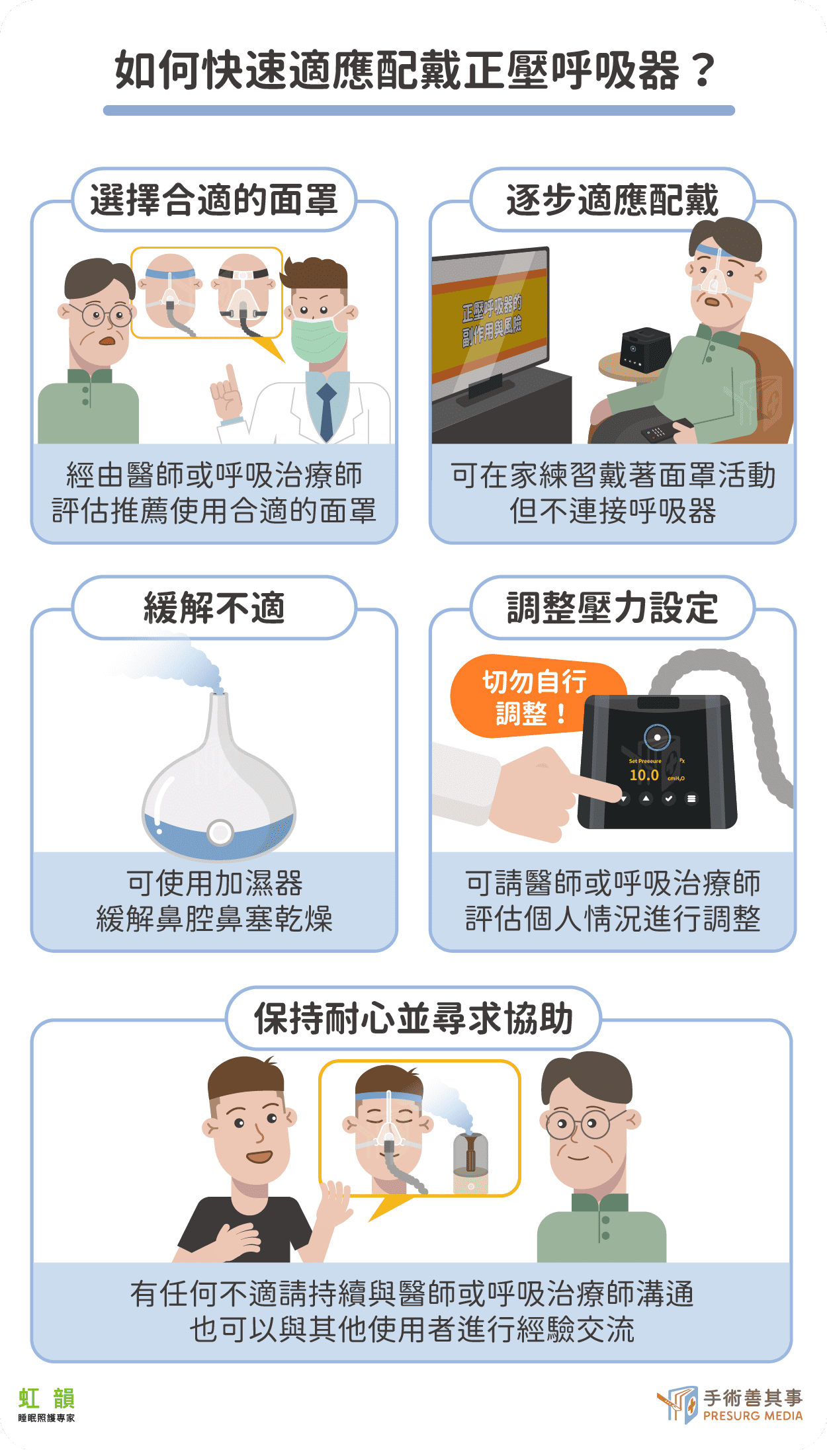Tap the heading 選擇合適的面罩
coord(214,200)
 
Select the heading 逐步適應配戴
coord(612,200)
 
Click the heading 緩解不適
coord(214,608)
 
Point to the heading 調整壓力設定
coord(612,608)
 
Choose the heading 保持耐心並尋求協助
coord(413,1018)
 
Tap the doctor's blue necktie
coord(326,410)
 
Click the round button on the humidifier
coord(220,832)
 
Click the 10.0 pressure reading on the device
coord(644,775)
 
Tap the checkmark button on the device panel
coord(669,799)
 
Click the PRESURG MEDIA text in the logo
coord(753,1416)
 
